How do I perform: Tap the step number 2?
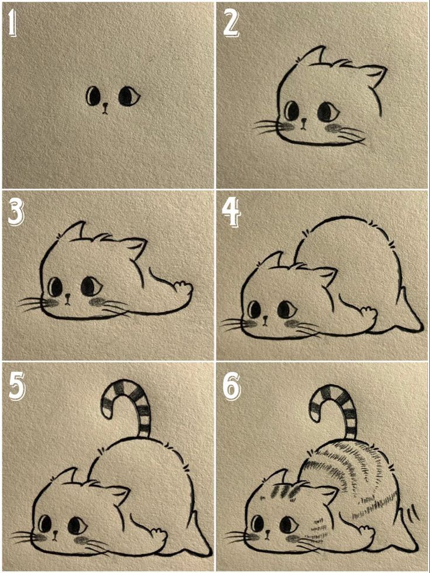click(x=231, y=24)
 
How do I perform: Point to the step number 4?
click(x=231, y=214)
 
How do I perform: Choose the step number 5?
click(x=16, y=386)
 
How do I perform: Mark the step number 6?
click(x=231, y=386)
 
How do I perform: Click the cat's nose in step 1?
click(x=105, y=106)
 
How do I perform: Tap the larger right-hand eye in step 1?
click(x=128, y=96)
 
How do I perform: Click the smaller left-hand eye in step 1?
click(x=93, y=95)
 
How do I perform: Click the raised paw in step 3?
click(x=182, y=289)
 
